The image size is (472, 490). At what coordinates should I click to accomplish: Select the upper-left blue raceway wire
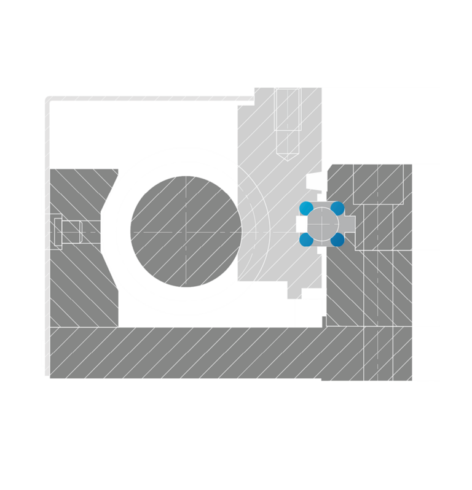pyautogui.click(x=305, y=208)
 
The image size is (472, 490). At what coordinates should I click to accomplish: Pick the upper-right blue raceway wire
pyautogui.click(x=337, y=208)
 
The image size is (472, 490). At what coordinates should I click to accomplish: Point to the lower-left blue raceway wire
pyautogui.click(x=305, y=239)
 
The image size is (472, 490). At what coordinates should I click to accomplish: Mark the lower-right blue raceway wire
pyautogui.click(x=337, y=239)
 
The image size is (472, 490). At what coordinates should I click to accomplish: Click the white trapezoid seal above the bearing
pyautogui.click(x=315, y=181)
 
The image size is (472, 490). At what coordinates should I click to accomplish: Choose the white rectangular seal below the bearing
pyautogui.click(x=313, y=294)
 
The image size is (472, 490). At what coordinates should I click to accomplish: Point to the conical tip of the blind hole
pyautogui.click(x=287, y=154)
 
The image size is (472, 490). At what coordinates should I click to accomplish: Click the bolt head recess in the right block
pyautogui.click(x=378, y=183)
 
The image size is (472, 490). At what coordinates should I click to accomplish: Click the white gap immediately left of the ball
pyautogui.click(x=301, y=224)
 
